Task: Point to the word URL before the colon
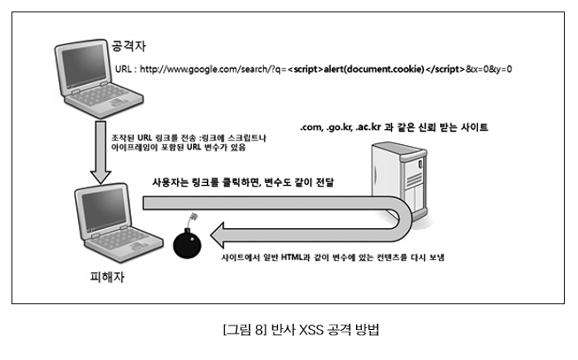tap(125, 69)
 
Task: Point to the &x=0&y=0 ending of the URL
tap(490, 69)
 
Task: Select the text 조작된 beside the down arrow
tap(124, 139)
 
